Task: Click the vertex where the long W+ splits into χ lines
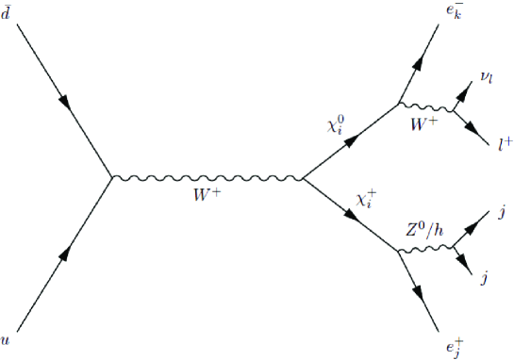click(x=302, y=177)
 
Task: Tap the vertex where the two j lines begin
click(x=453, y=250)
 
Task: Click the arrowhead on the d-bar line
click(x=64, y=99)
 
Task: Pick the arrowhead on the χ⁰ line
click(x=351, y=141)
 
